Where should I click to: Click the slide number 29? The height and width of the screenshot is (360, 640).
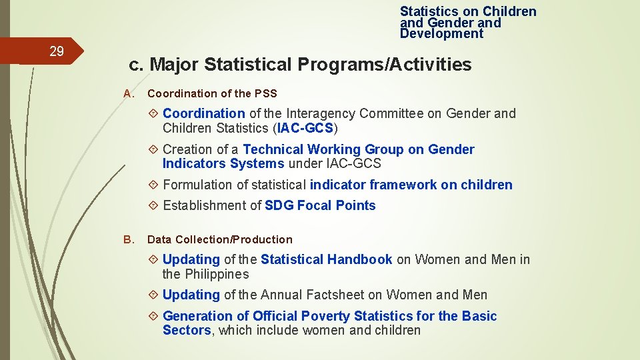tap(57, 51)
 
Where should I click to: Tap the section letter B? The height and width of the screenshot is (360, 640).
tap(129, 239)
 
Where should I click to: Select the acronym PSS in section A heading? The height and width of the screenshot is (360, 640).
tap(265, 93)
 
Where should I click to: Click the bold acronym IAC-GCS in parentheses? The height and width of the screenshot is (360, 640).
tap(306, 128)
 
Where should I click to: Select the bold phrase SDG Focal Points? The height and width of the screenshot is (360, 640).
tap(320, 205)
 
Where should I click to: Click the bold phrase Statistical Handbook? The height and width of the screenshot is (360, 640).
tap(326, 259)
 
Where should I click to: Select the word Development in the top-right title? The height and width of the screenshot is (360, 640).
tap(441, 33)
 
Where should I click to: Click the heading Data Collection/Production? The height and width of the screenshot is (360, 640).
tap(219, 239)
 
